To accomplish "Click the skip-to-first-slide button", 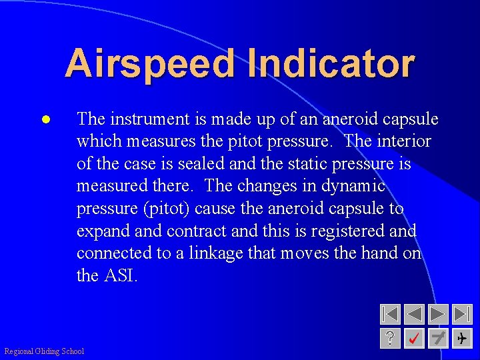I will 390,315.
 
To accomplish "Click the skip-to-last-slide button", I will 462,315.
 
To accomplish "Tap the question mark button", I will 390,339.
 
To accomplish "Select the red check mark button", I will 414,339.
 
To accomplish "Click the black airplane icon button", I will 462,339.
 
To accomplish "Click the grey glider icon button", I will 438,339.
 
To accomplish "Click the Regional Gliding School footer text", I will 44,351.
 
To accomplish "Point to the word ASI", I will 119,275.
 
